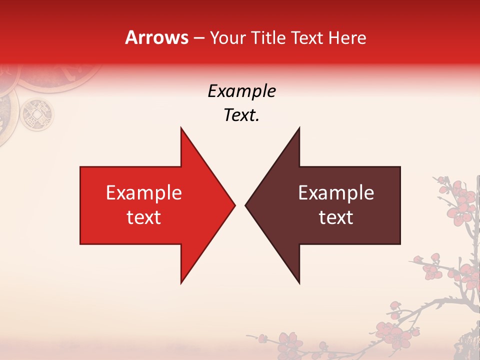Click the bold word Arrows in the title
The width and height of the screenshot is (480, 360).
[x=157, y=38]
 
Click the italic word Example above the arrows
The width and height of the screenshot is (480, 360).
[x=242, y=91]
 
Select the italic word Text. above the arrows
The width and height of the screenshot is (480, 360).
[x=242, y=115]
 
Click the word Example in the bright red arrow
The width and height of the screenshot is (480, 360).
[x=144, y=193]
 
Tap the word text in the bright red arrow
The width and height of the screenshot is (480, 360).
[x=144, y=217]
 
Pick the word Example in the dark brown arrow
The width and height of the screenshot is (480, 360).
[x=336, y=193]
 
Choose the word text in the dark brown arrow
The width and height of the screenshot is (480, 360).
[x=336, y=217]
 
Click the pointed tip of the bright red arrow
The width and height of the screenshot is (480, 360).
[x=234, y=205]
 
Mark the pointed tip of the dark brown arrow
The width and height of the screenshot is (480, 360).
[x=245, y=205]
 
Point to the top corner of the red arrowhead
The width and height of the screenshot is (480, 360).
[x=181, y=128]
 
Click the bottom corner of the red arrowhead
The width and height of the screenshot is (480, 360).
[x=181, y=283]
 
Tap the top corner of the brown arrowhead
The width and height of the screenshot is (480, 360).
[x=299, y=128]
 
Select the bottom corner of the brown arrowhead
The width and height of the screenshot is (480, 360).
[x=299, y=283]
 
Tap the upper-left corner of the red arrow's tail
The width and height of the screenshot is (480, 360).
[x=81, y=167]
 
